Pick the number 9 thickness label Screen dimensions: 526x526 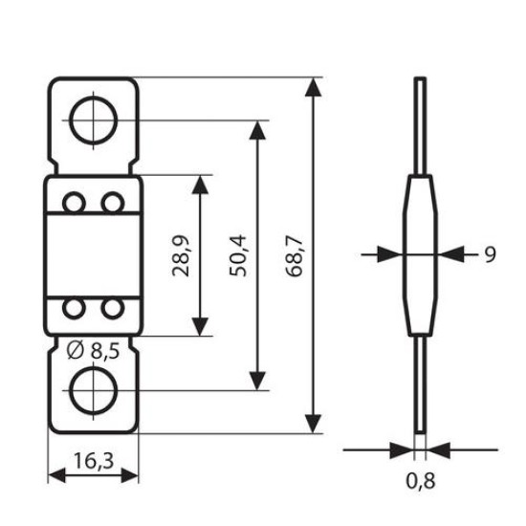click(x=489, y=254)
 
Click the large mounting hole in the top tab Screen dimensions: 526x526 click(x=93, y=121)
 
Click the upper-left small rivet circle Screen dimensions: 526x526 click(x=75, y=204)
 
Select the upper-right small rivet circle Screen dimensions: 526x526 click(x=113, y=204)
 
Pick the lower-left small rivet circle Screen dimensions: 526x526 click(x=75, y=308)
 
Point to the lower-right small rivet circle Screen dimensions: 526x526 click(x=113, y=308)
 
